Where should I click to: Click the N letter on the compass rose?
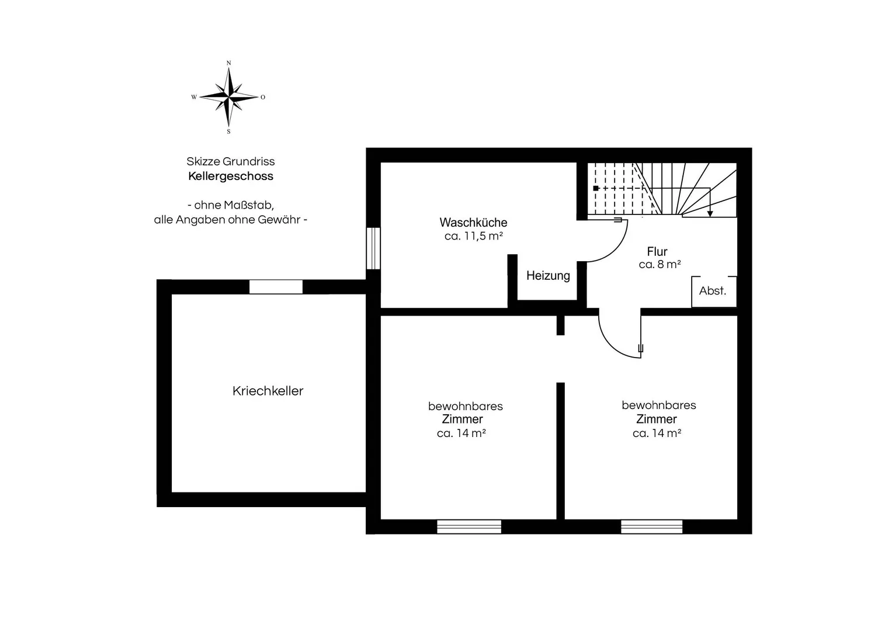tap(228, 63)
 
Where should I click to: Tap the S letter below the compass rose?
tap(228, 131)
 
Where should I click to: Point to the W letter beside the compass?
tap(194, 97)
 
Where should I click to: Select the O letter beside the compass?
tap(263, 97)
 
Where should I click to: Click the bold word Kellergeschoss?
tap(231, 176)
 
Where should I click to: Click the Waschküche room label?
tap(474, 222)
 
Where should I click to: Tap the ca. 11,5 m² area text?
tap(474, 236)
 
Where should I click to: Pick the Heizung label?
tap(548, 276)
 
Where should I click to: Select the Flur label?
tap(657, 252)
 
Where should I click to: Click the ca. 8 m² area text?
tap(660, 265)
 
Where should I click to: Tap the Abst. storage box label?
tap(713, 291)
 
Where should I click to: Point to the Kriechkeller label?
tap(268, 391)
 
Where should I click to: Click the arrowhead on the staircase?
tap(710, 214)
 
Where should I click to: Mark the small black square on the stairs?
tap(596, 188)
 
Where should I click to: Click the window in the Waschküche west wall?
tap(373, 248)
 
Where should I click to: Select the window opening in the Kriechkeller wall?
tap(276, 287)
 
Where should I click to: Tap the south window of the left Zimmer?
tap(469, 526)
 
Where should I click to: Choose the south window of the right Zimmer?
tap(651, 526)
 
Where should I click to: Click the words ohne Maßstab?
tap(234, 205)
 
